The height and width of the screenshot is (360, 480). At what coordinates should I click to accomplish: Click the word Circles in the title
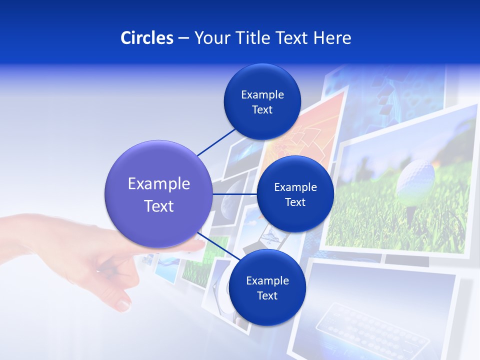coord(147,38)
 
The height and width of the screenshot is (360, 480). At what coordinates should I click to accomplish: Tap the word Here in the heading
coord(332,38)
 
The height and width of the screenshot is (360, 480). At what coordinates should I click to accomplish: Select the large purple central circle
coord(158,194)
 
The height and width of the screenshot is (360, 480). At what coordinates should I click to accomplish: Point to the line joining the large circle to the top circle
coord(216,142)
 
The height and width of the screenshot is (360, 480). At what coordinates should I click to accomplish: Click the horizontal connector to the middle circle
coord(234,194)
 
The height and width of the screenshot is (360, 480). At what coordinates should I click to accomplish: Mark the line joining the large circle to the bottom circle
coord(218,246)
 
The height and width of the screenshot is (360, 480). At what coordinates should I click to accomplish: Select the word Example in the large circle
coord(158,184)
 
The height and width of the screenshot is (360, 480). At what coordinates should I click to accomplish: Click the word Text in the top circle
coord(262,110)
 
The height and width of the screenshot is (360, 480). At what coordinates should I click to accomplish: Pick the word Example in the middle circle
coord(295,187)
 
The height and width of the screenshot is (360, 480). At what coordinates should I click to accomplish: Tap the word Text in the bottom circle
coord(267,296)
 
